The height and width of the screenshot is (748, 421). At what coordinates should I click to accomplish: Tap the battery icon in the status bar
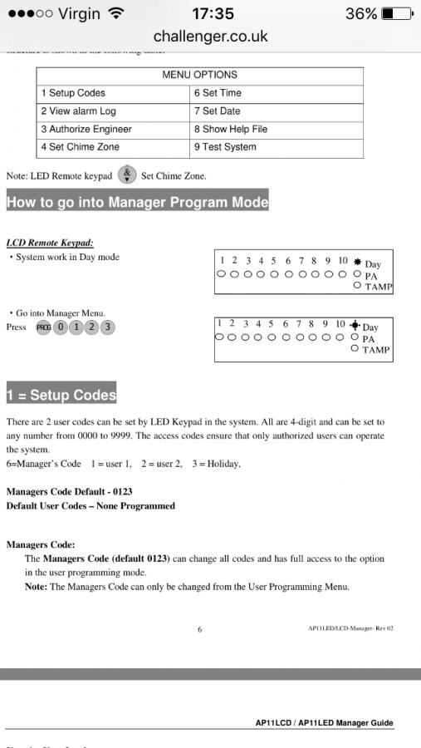(396, 13)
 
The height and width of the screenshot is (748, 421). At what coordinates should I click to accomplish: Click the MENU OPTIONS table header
(199, 75)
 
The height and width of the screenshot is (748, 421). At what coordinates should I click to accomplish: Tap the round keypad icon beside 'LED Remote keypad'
(127, 175)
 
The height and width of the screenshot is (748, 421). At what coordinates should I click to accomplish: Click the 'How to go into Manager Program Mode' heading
(138, 202)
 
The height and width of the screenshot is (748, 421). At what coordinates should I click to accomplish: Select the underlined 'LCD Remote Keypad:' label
(49, 243)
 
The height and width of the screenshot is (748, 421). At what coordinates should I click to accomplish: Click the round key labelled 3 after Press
(107, 327)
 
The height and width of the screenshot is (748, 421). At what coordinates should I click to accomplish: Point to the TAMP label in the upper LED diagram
(379, 287)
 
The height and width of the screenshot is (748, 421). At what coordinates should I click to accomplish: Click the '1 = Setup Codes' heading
(61, 395)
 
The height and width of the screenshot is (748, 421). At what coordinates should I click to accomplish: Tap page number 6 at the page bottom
(199, 629)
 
